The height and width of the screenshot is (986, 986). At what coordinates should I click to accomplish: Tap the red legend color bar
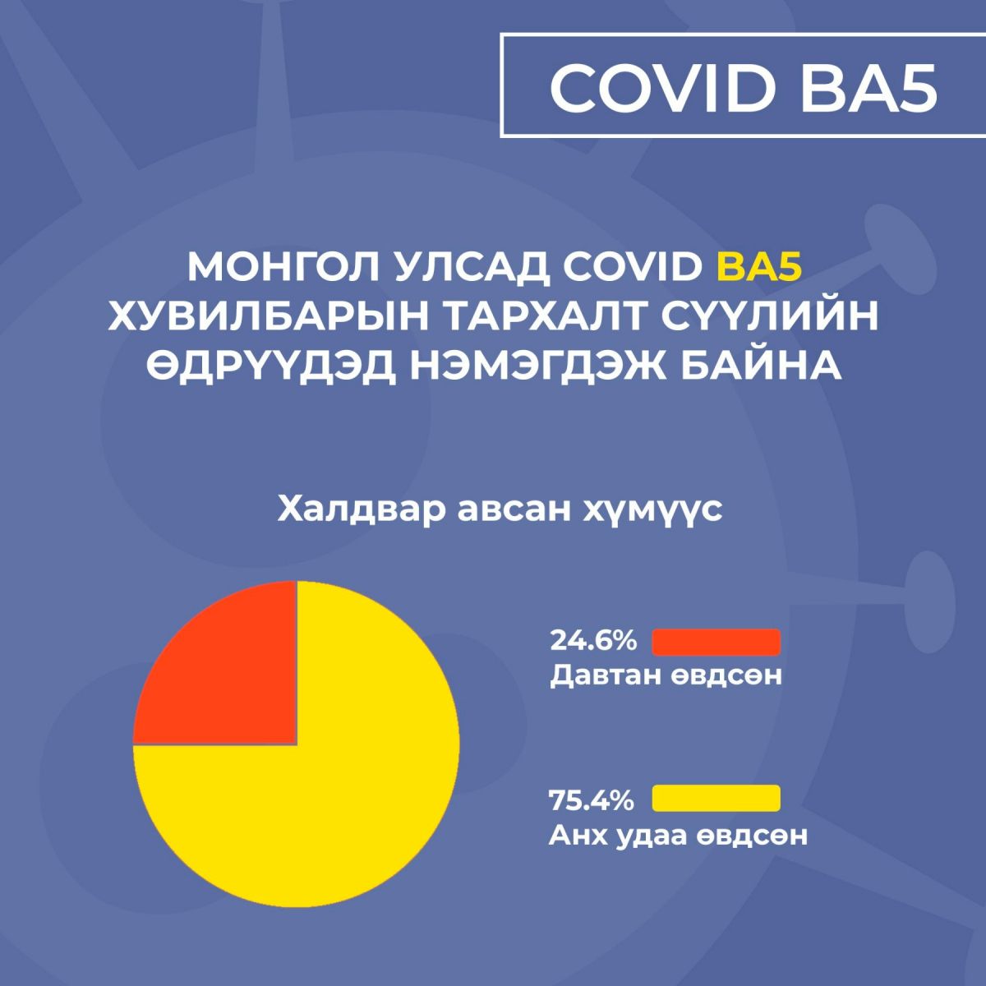point(716,643)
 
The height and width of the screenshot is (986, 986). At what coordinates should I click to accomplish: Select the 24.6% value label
point(593,641)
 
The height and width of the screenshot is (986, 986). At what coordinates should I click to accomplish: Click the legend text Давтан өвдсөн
point(666,676)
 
